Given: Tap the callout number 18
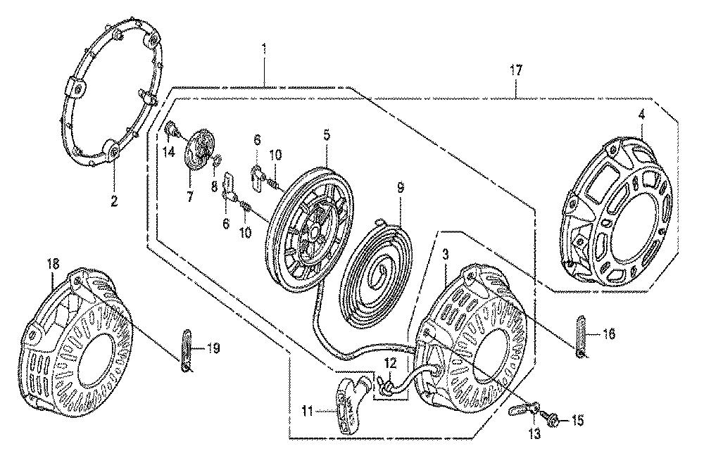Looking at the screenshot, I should pos(52,264).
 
